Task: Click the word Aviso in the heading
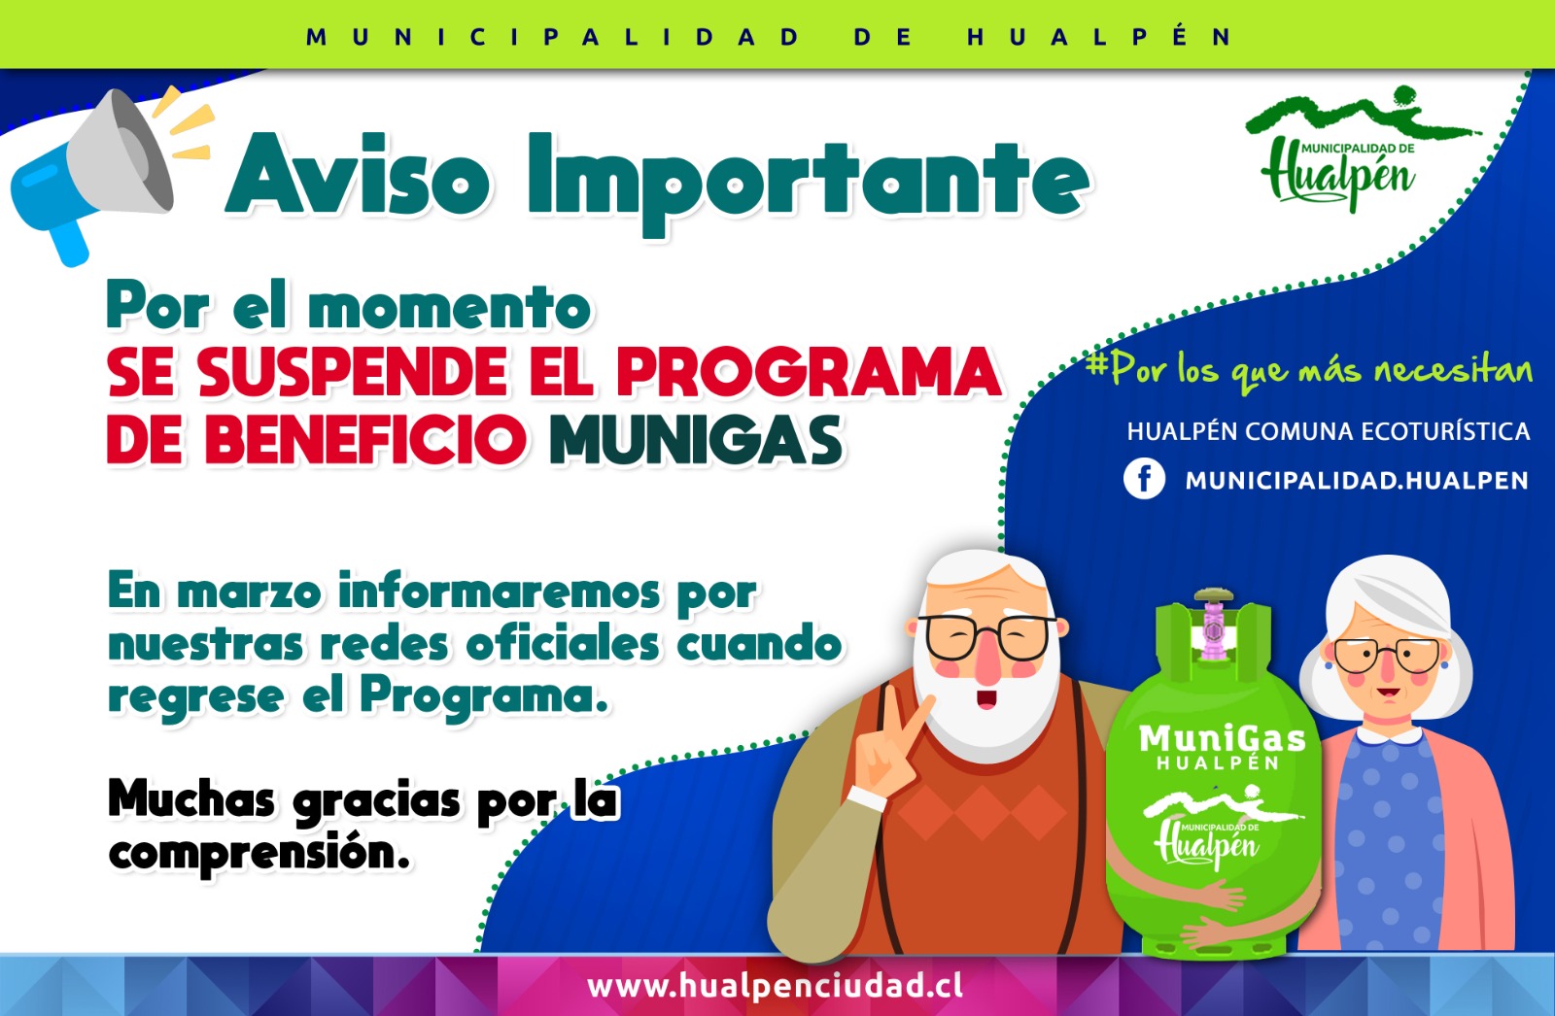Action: tap(359, 175)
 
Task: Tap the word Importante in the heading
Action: tap(808, 184)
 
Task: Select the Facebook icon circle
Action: tap(1144, 480)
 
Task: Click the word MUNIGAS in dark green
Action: tap(696, 440)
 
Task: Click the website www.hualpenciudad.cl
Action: tap(775, 986)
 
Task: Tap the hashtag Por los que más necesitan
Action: tap(1308, 371)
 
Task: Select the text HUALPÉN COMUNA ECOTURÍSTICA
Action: tap(1328, 431)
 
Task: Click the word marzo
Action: tap(249, 594)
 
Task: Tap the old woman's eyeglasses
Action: tap(1387, 655)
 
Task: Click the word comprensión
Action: tap(259, 854)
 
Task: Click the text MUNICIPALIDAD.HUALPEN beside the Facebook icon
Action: tap(1357, 480)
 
